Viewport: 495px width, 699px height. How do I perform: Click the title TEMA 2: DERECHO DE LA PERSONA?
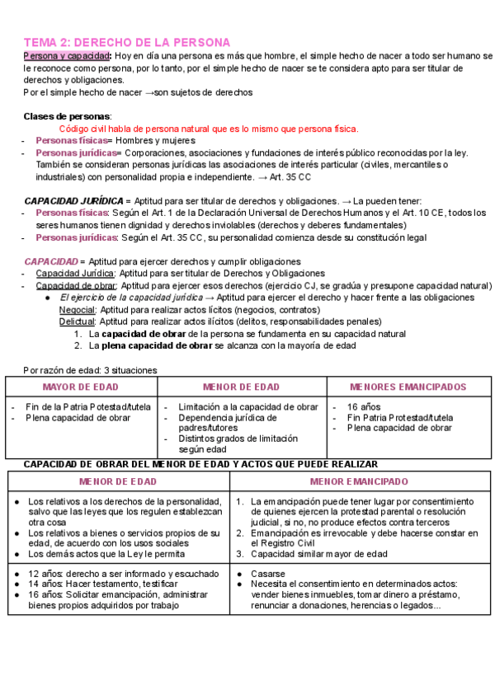(126, 41)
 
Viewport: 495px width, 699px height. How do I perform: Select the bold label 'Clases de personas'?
(68, 116)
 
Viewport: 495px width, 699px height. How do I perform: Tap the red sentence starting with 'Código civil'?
(209, 129)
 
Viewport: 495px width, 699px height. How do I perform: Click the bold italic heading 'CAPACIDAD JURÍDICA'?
(73, 200)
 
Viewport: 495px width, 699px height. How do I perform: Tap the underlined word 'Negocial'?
(77, 310)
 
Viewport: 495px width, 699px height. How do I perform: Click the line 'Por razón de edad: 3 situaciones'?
(90, 370)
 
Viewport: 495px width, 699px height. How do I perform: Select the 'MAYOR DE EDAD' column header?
(80, 387)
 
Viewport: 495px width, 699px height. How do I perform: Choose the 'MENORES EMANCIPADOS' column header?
(408, 387)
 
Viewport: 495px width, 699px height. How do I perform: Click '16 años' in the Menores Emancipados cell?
(363, 407)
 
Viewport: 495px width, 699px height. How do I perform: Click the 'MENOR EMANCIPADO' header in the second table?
(359, 481)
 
